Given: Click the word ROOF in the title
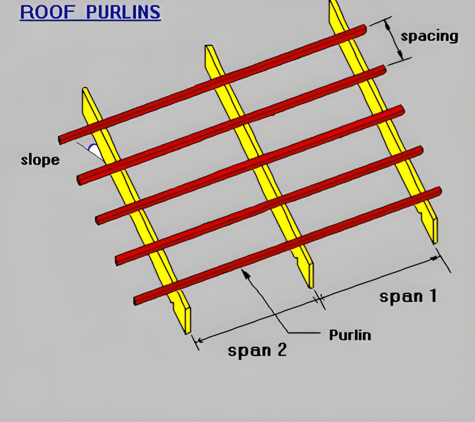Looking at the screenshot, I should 46,12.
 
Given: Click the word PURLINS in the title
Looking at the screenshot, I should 123,12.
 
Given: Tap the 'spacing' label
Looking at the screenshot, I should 429,36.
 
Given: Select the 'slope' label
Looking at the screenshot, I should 40,160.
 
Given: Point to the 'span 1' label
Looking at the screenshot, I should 408,296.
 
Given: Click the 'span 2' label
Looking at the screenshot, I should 257,350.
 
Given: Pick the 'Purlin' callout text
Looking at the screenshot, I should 350,334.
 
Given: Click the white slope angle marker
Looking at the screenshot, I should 94,150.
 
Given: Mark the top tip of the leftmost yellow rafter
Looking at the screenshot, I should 85,90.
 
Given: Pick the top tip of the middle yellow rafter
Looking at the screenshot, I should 209,47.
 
